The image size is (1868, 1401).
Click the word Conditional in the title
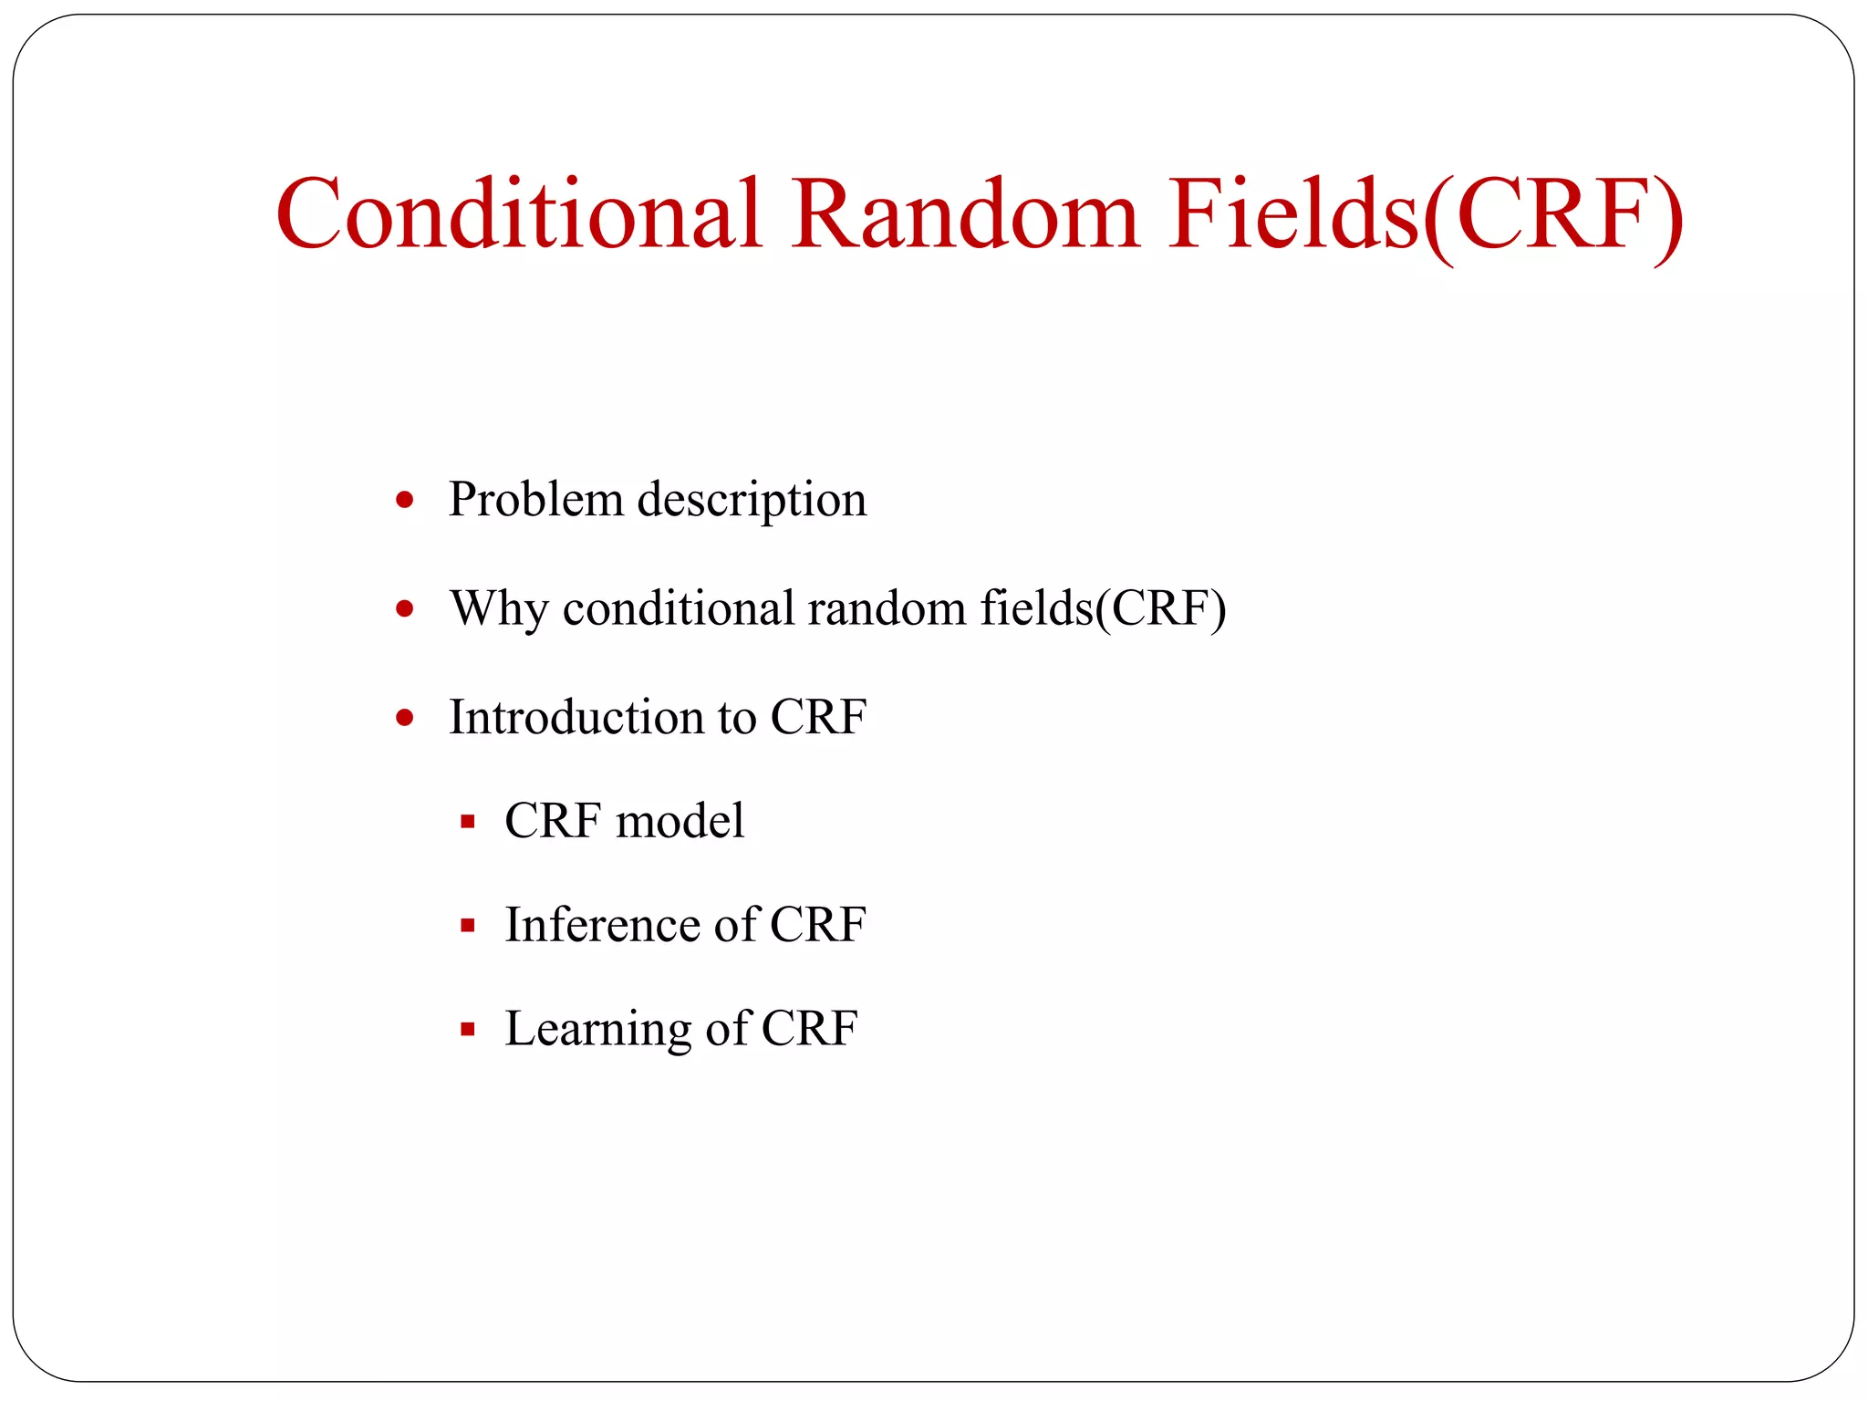(x=518, y=214)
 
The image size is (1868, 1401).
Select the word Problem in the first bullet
(x=535, y=500)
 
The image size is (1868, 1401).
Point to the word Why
(x=498, y=609)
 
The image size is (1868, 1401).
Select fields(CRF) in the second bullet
(x=1103, y=609)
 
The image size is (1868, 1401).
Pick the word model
(x=680, y=821)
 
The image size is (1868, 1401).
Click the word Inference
(x=602, y=925)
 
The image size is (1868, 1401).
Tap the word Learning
(x=597, y=1030)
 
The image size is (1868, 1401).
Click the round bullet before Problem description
(x=405, y=500)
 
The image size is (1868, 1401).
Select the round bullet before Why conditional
(x=405, y=608)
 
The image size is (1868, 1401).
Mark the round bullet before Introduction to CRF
(x=405, y=718)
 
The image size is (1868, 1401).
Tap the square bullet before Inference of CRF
(x=468, y=926)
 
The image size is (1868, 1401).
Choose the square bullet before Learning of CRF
(x=468, y=1030)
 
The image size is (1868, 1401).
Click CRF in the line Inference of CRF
(x=817, y=925)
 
